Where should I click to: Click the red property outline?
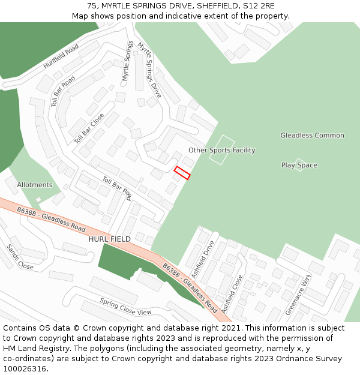(x=182, y=173)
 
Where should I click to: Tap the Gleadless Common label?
(x=312, y=136)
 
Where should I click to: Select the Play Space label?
(x=299, y=165)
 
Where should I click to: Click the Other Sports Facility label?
(x=221, y=150)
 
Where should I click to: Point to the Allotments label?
(x=35, y=185)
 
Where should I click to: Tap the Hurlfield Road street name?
(x=61, y=56)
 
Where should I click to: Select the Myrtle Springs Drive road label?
(x=149, y=70)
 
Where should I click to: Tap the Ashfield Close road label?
(x=232, y=293)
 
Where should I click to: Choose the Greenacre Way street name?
(x=298, y=295)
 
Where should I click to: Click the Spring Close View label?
(x=125, y=307)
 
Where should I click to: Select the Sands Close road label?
(x=20, y=257)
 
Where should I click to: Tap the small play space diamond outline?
(x=299, y=165)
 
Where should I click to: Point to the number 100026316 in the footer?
(x=25, y=369)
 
